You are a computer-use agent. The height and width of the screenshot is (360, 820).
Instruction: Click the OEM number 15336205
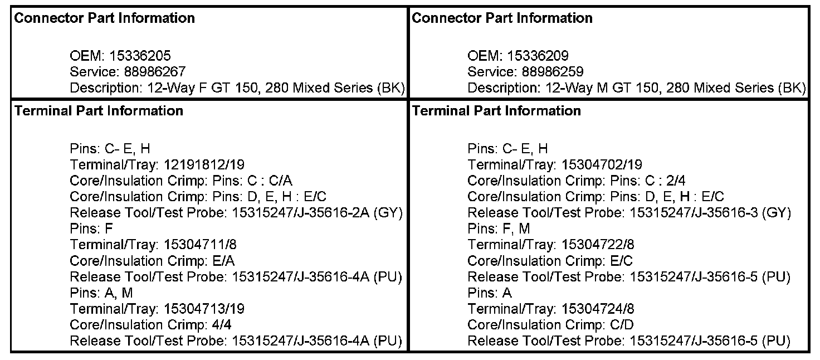[x=140, y=56]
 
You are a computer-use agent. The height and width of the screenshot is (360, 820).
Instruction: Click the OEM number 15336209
[x=538, y=56]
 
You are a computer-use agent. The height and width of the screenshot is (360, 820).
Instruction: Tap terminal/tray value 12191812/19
[x=204, y=165]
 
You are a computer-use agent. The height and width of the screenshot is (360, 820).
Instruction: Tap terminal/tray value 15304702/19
[x=602, y=165]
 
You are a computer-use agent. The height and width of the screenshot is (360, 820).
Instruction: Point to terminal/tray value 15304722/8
[x=599, y=245]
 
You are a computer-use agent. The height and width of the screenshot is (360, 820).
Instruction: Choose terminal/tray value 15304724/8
[x=599, y=309]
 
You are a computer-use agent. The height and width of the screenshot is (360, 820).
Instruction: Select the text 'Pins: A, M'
[x=101, y=293]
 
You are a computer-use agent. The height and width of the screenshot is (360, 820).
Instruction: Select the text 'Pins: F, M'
[x=499, y=229]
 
